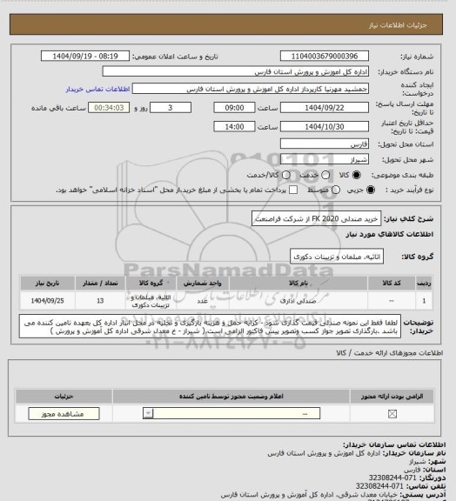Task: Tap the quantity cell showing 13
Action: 100,301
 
